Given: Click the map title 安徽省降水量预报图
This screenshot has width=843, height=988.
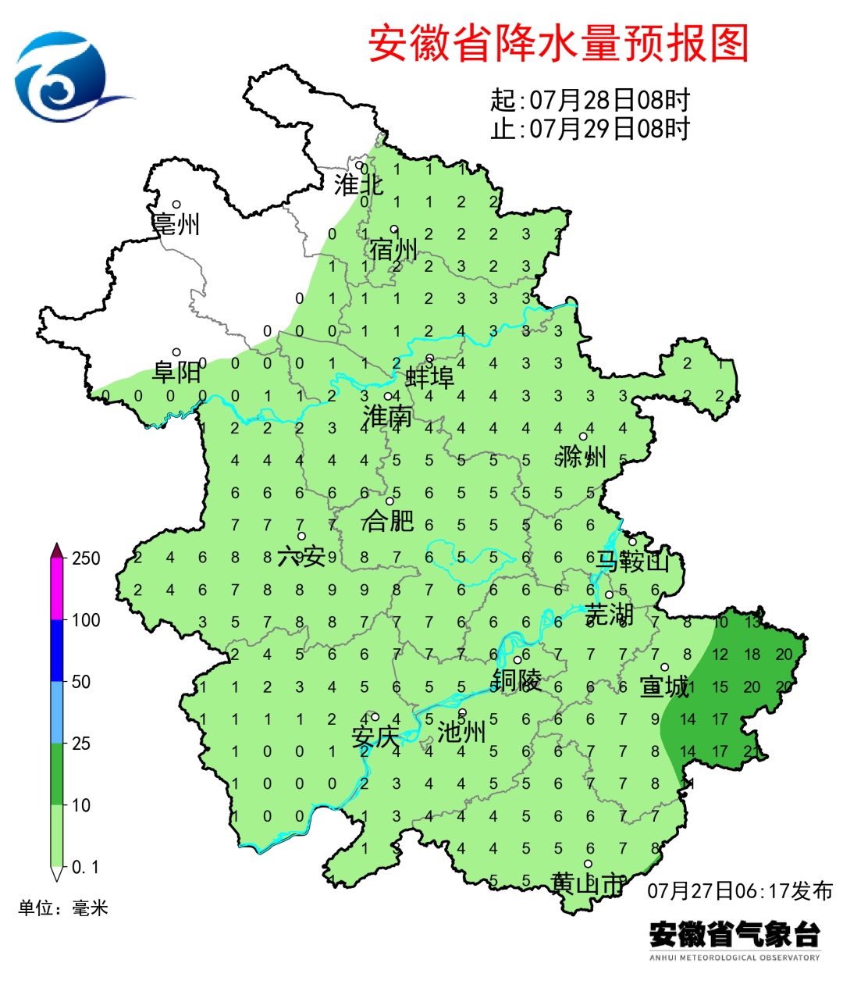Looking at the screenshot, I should click(x=558, y=43).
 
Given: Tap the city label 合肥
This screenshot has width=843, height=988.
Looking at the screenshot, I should click(x=388, y=520).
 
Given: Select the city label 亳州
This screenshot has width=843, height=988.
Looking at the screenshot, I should click(x=176, y=224).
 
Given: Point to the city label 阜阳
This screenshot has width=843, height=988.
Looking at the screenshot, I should click(x=176, y=372).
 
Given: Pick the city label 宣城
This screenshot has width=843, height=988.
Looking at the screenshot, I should click(x=664, y=687).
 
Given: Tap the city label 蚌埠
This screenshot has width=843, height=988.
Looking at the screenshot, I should click(x=429, y=378).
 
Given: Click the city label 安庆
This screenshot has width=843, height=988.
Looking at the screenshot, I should click(x=375, y=736).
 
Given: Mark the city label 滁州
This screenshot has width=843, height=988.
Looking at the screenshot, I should click(x=582, y=456).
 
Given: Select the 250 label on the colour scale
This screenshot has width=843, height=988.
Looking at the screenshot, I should click(x=86, y=558).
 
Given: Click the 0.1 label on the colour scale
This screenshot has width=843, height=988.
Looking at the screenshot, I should click(x=85, y=867).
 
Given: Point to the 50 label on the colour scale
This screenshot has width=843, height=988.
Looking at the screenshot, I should click(x=81, y=682).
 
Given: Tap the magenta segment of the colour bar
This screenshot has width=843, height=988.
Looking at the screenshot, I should click(x=56, y=590).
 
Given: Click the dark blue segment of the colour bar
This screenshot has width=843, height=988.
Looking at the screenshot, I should click(x=56, y=650).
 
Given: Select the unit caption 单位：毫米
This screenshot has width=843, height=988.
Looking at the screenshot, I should click(x=63, y=908).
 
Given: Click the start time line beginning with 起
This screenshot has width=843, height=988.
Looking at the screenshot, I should click(x=590, y=100).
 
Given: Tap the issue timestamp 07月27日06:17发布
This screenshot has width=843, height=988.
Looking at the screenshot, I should click(x=740, y=890).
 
